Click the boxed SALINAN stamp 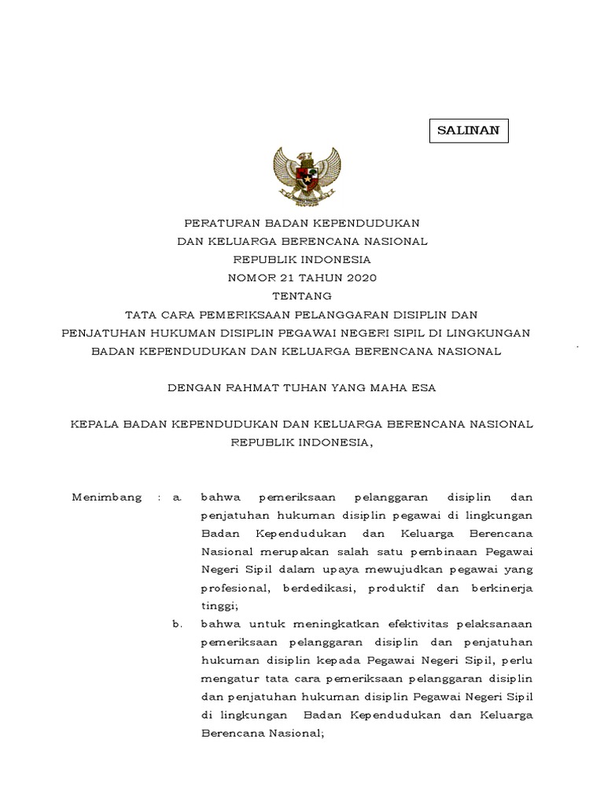pyautogui.click(x=469, y=131)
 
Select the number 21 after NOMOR pyautogui.click(x=288, y=277)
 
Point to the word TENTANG pyautogui.click(x=302, y=295)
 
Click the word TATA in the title pyautogui.click(x=151, y=314)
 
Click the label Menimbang pyautogui.click(x=107, y=497)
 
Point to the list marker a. pyautogui.click(x=178, y=497)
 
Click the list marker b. pyautogui.click(x=178, y=624)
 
